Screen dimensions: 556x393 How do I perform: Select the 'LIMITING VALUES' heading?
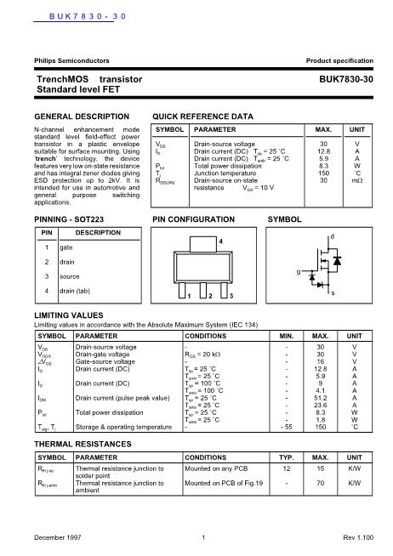click(x=65, y=315)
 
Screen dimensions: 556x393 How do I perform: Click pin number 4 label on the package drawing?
click(x=220, y=242)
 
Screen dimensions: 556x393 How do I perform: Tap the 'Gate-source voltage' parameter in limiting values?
click(x=105, y=360)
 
